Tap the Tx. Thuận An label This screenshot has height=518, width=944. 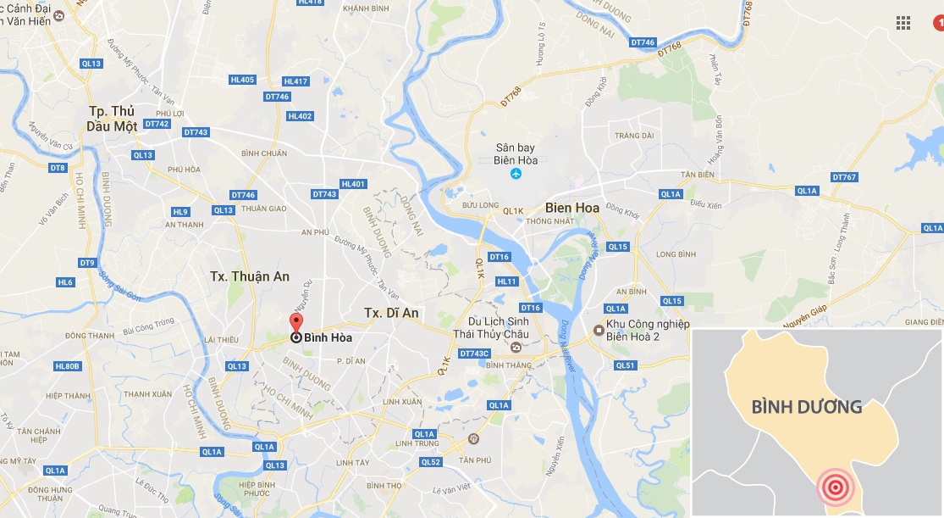point(250,276)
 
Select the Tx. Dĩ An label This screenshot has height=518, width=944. point(391,313)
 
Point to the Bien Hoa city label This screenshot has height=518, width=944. point(572,208)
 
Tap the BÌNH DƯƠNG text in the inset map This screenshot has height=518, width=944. point(807,407)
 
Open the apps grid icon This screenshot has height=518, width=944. point(903,23)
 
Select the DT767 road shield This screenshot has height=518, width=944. point(844,177)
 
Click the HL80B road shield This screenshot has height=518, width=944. point(67,366)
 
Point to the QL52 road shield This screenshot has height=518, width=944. point(431,462)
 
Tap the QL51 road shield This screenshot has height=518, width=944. point(625,365)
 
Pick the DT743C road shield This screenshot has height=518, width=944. point(475,353)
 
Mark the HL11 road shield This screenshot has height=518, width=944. point(506,281)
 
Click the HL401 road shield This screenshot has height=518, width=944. point(352,184)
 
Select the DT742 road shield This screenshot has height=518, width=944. point(157,124)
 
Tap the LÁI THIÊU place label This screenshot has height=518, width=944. point(221,339)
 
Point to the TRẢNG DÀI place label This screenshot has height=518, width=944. point(634,136)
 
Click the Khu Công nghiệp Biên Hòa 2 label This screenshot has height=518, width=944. point(649,330)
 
